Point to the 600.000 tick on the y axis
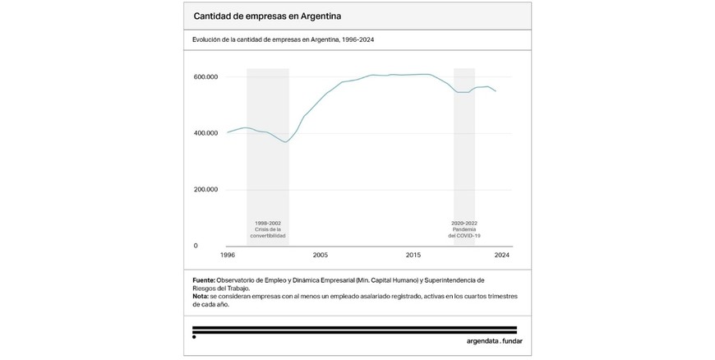[x=205, y=77]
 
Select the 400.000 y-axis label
[x=205, y=133]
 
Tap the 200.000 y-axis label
[x=205, y=189]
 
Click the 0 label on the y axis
[x=196, y=246]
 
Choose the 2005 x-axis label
[x=320, y=256]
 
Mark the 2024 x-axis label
[x=501, y=256]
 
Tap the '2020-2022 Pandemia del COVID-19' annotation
[x=464, y=229]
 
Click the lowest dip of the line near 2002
[x=286, y=142]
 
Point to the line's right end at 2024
[x=496, y=91]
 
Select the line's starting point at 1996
[x=227, y=132]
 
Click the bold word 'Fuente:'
[x=204, y=280]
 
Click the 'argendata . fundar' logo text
[x=488, y=339]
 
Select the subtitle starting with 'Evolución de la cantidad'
[x=283, y=39]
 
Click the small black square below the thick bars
[x=194, y=337]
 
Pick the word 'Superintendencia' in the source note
[x=454, y=280]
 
